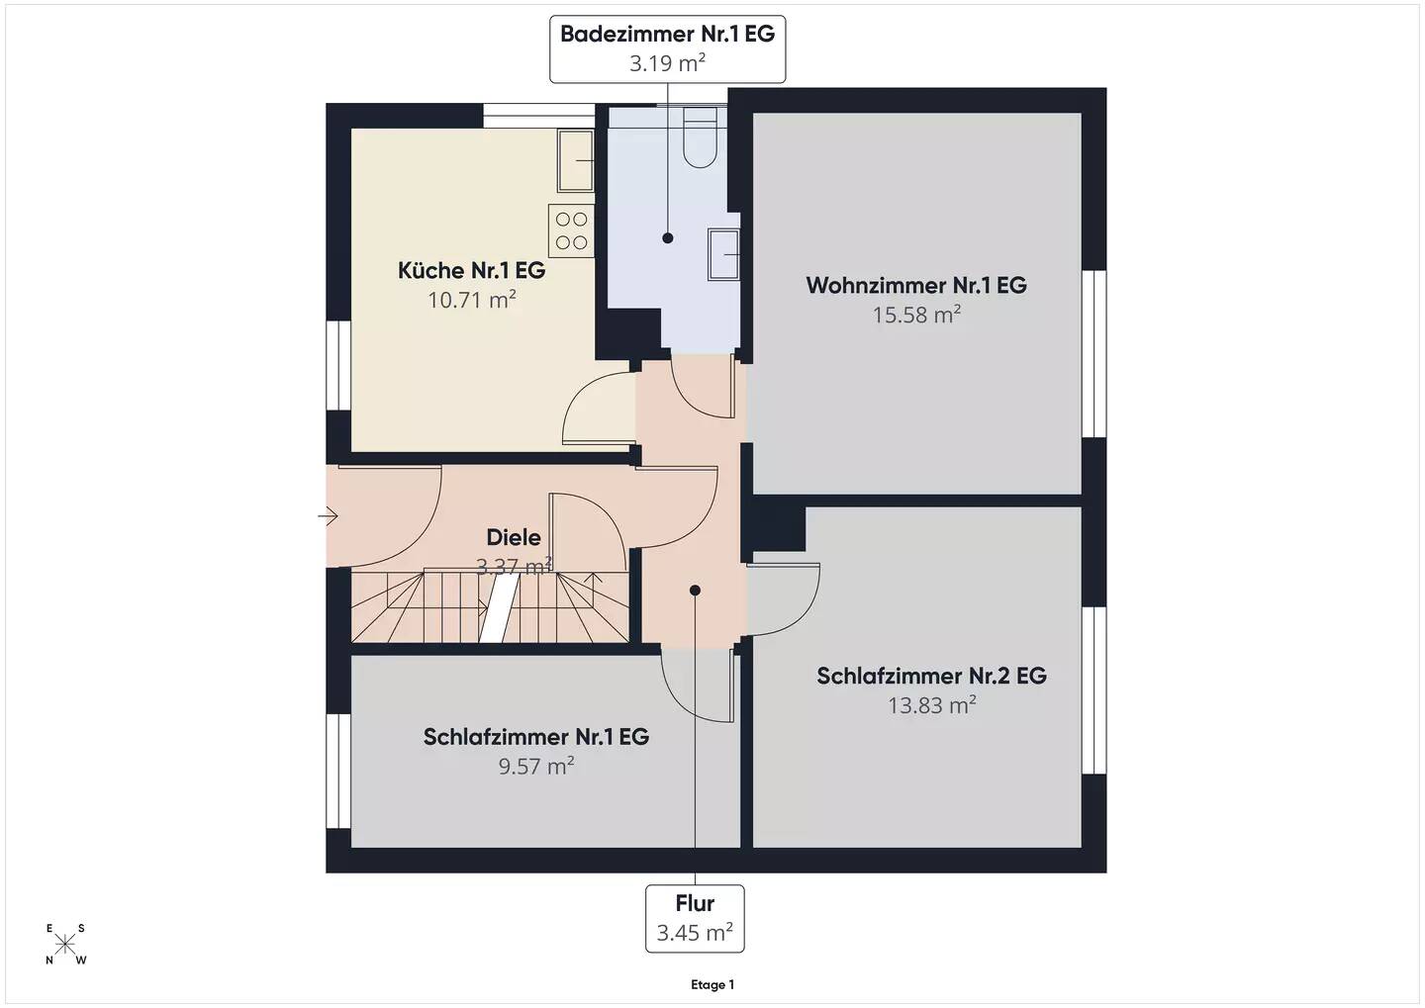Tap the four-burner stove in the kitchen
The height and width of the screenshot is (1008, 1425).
coord(571,230)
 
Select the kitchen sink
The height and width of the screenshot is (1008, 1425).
coord(576,160)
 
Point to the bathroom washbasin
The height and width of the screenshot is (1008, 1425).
coord(724,254)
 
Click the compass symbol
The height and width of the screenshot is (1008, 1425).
coord(65,945)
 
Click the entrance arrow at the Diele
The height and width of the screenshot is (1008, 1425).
coord(328,515)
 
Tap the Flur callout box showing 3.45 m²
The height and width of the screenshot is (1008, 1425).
coord(695,918)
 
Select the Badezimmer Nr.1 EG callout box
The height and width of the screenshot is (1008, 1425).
coord(667,49)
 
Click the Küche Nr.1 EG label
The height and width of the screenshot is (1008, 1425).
coord(471,270)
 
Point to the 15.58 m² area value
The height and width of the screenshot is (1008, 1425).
coord(916,315)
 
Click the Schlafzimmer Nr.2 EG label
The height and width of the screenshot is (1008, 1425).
coord(931,676)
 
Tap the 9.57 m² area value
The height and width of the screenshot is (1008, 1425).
coord(536,766)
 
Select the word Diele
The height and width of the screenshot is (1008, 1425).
coord(514,537)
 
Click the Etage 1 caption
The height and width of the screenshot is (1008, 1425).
coord(712,984)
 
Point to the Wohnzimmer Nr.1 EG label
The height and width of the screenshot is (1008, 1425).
coord(916,285)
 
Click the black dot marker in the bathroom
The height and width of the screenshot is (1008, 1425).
coord(667,237)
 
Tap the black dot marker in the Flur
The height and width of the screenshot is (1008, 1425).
coord(695,591)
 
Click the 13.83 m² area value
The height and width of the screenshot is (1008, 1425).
coord(932,705)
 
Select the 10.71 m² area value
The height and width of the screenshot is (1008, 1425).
coord(471,300)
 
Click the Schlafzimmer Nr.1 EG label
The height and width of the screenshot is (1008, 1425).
coord(536,736)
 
